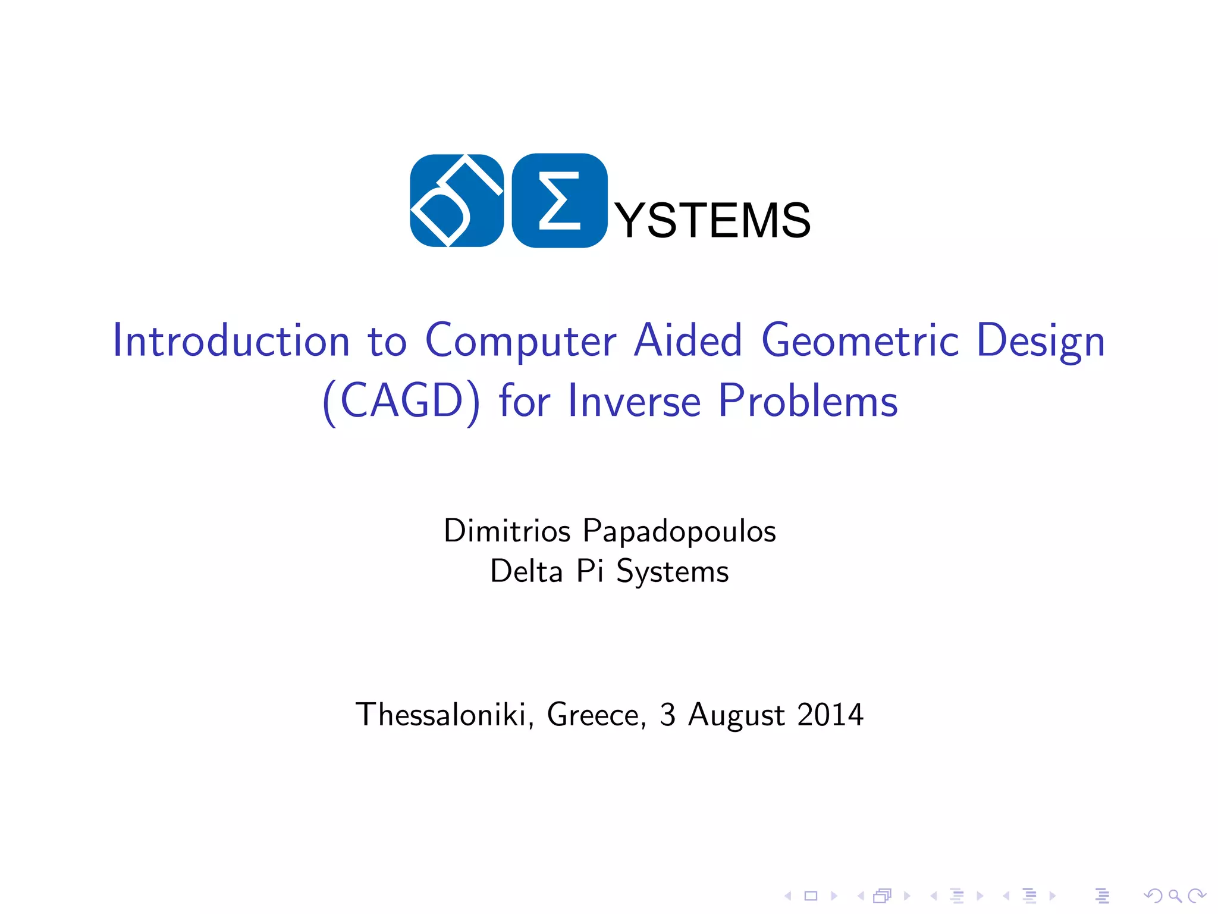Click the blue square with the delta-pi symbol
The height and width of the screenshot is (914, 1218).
(457, 201)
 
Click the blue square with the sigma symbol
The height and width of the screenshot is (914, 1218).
(560, 201)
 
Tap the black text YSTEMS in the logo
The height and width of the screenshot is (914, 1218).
(712, 221)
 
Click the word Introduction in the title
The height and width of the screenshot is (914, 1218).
(231, 340)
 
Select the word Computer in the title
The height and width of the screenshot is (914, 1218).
(521, 342)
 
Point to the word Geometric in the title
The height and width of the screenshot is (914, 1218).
(860, 342)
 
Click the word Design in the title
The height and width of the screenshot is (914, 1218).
(1041, 342)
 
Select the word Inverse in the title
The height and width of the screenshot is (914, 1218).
(635, 400)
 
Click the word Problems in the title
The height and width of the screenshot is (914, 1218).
(808, 400)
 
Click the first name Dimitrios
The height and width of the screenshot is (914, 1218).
(507, 530)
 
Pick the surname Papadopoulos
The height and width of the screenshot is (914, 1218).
(679, 531)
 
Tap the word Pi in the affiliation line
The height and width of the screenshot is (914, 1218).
(590, 571)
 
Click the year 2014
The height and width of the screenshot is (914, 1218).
(830, 715)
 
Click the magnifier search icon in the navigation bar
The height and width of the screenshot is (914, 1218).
(1175, 896)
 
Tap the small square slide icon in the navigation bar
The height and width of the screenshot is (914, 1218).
(811, 896)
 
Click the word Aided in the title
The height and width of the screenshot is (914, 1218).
(688, 340)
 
